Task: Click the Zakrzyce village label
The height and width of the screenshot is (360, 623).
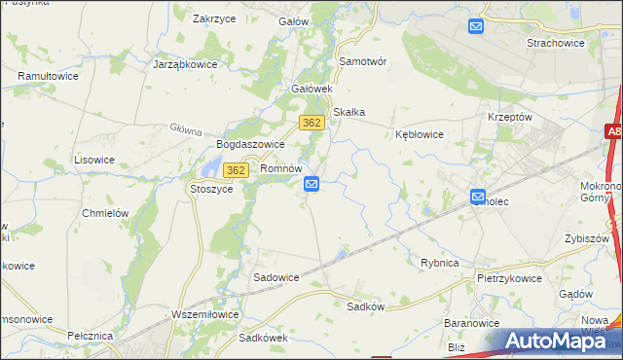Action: [216, 18]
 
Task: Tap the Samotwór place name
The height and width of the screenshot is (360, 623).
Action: [363, 60]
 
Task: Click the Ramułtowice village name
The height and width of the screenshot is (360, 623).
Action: [48, 75]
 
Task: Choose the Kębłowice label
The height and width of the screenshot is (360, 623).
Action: [420, 134]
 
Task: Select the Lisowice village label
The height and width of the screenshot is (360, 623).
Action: [95, 159]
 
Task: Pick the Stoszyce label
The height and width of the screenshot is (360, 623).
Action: [211, 190]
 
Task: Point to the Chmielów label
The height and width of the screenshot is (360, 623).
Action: [106, 213]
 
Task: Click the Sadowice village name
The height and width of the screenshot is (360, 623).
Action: [276, 277]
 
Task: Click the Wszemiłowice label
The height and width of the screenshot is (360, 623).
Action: [204, 313]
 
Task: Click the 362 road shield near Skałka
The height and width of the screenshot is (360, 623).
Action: [311, 122]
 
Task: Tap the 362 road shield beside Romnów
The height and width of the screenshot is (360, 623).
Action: [235, 170]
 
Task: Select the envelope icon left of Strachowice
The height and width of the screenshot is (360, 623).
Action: [476, 26]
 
